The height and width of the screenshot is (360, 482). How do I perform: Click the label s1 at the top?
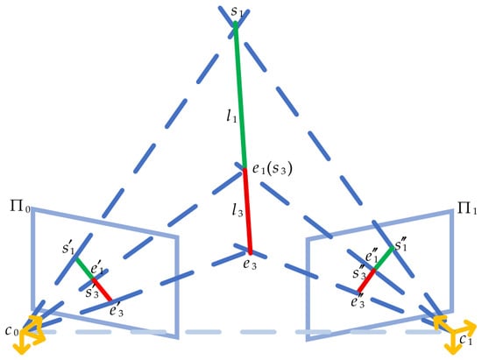point(237,11)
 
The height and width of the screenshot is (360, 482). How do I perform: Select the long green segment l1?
point(240,95)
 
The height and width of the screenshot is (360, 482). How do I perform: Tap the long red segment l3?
point(248,211)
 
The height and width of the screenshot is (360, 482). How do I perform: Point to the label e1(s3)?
point(272,169)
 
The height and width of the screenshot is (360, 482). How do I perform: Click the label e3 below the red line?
point(250,265)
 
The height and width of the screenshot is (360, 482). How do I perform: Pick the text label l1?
point(231,116)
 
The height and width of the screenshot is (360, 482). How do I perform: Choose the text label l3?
point(237,210)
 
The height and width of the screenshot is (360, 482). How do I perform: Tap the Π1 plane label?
point(467,208)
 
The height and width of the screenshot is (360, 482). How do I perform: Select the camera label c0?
point(12,331)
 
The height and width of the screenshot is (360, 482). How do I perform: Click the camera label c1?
point(465,340)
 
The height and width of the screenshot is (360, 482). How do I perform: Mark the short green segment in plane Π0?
point(84,268)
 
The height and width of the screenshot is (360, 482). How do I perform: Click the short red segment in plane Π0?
point(102,289)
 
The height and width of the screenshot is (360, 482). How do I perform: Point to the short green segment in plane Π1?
point(384,258)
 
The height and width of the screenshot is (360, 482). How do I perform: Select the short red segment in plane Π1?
point(366,280)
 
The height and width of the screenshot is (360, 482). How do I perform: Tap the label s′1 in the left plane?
point(68,247)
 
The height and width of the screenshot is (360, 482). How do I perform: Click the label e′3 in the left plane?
point(117,311)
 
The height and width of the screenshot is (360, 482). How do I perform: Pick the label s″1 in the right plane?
point(400,244)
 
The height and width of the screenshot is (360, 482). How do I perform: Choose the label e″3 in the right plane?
point(358,301)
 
